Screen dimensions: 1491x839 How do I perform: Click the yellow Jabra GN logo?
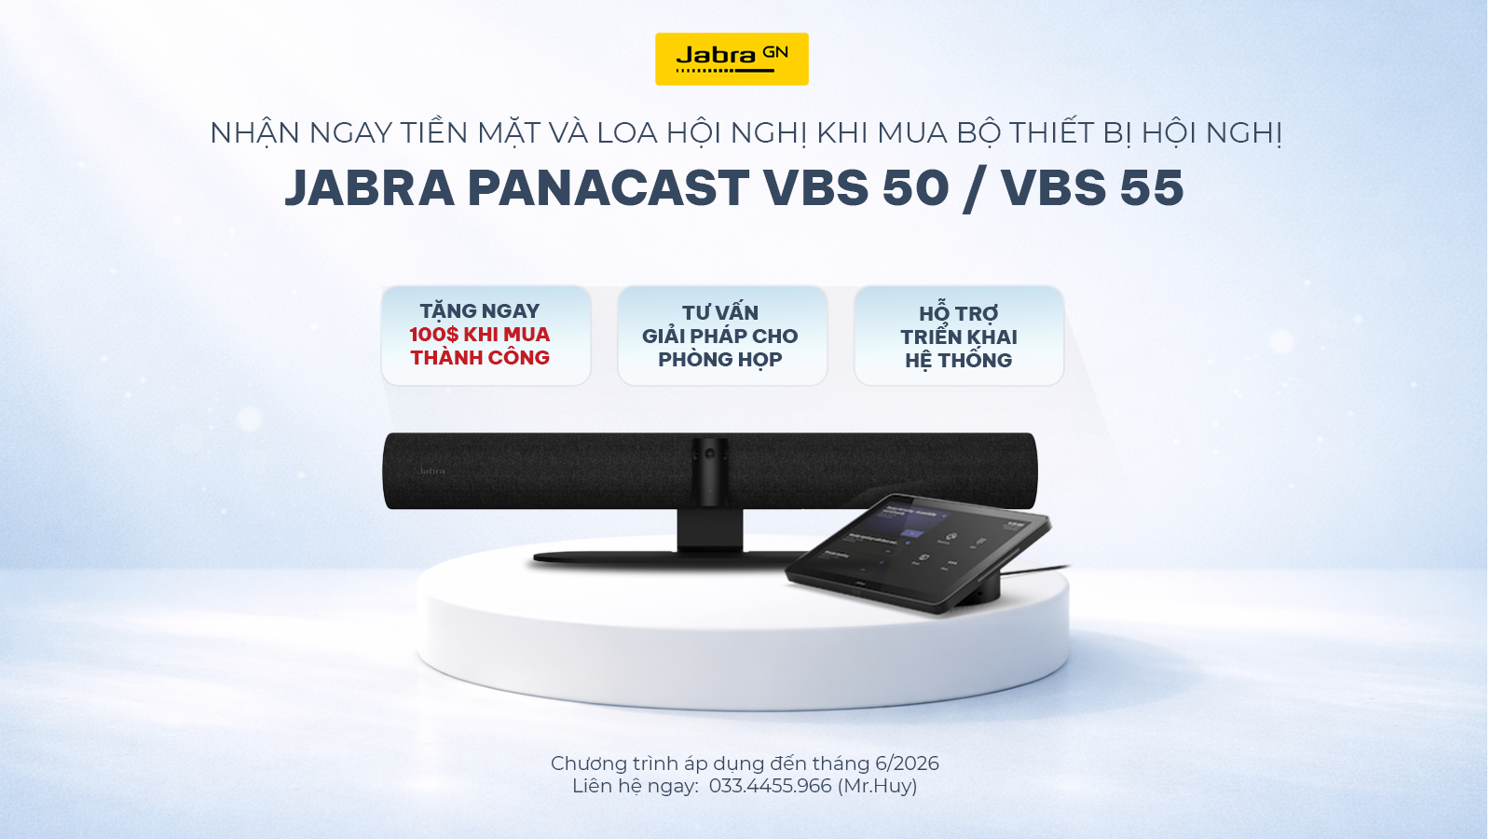coord(732,60)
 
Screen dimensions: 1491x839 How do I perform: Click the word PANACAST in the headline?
coord(609,187)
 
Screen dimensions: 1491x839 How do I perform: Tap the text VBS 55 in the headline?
coord(1093,187)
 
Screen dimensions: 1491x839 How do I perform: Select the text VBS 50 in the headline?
coord(856,187)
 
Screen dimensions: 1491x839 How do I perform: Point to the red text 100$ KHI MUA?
coord(479,335)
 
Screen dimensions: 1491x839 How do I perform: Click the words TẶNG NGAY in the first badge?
coord(479,311)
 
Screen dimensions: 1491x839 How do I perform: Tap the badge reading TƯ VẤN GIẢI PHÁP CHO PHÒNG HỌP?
coord(722,336)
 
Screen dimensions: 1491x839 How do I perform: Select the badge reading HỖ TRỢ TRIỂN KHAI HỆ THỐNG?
coord(959,337)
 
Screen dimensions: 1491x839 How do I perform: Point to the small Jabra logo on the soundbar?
coord(431,472)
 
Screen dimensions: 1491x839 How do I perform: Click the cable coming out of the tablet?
coord(1035,571)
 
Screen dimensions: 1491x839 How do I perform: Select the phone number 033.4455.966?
coord(770,787)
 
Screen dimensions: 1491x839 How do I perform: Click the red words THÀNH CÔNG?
coord(480,358)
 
